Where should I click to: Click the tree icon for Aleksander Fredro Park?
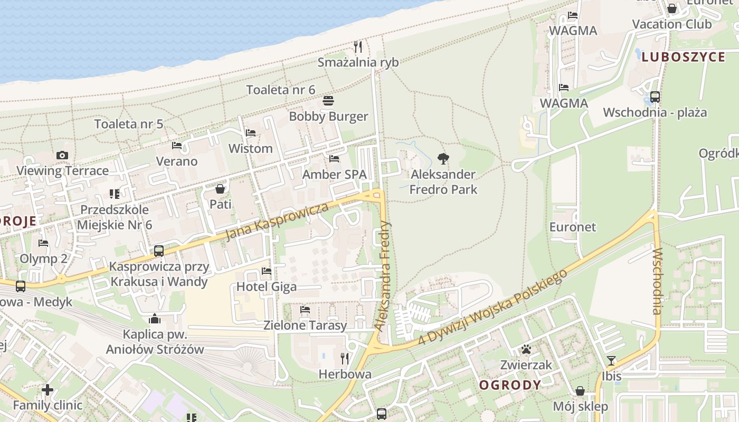click(x=443, y=158)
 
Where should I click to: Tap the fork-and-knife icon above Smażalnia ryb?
click(x=358, y=47)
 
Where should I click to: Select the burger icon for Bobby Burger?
click(x=328, y=101)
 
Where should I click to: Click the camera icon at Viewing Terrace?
click(x=62, y=155)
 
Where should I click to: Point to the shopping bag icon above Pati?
click(x=220, y=188)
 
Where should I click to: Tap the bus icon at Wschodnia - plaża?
click(x=655, y=97)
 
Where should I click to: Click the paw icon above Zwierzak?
click(x=526, y=349)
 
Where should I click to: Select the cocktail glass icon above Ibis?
click(x=611, y=361)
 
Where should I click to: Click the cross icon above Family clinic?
click(x=48, y=390)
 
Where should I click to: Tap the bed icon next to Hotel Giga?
click(x=267, y=271)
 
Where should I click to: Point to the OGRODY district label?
click(x=510, y=385)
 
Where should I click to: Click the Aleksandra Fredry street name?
click(x=383, y=275)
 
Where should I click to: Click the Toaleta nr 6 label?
click(x=280, y=90)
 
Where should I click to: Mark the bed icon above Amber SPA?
click(x=334, y=158)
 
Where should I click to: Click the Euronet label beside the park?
click(x=573, y=227)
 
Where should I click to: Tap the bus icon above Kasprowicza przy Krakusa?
click(x=159, y=251)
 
